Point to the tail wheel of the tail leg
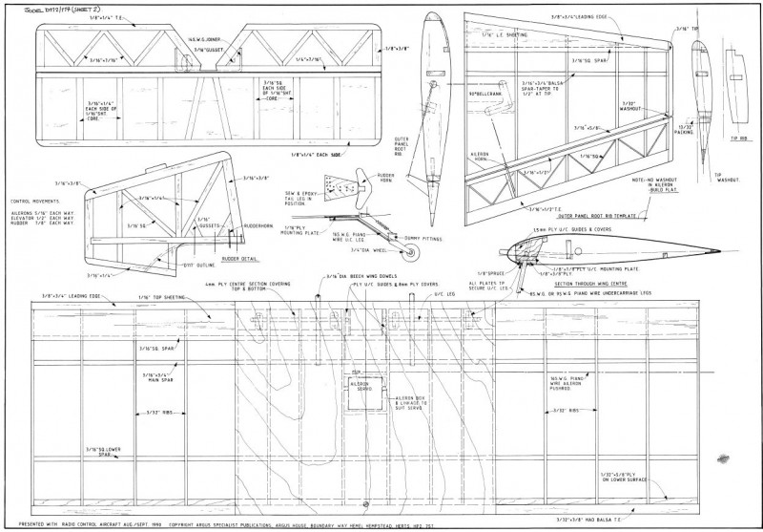point(412,251)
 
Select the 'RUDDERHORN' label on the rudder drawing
point(260,225)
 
